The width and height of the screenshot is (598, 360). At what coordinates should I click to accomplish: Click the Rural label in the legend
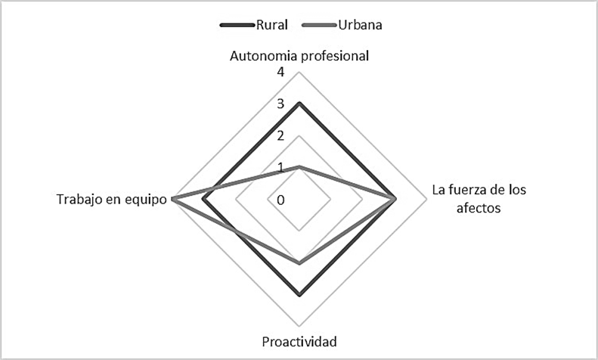click(271, 24)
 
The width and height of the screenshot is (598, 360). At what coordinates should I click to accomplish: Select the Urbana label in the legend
click(360, 24)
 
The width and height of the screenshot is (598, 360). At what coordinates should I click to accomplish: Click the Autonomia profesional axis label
click(299, 56)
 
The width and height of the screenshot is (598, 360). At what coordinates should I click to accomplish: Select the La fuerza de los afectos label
click(478, 198)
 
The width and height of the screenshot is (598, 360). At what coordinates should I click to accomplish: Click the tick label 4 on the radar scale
click(280, 73)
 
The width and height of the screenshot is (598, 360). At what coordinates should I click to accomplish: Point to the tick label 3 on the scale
click(280, 104)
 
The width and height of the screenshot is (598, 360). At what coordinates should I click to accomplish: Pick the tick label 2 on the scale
click(280, 136)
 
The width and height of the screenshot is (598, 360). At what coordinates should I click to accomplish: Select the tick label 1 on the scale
click(280, 168)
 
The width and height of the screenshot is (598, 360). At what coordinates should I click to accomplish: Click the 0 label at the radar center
click(280, 200)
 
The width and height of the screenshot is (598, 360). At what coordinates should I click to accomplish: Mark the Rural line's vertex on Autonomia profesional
click(300, 103)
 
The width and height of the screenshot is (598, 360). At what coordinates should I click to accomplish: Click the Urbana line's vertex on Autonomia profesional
click(300, 166)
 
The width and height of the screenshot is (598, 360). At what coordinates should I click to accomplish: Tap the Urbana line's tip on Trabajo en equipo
click(173, 199)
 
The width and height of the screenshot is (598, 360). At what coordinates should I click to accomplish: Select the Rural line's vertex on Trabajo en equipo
click(205, 199)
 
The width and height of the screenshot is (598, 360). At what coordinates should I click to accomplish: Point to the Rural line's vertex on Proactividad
click(300, 295)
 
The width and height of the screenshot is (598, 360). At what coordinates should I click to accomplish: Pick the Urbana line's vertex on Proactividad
click(300, 263)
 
